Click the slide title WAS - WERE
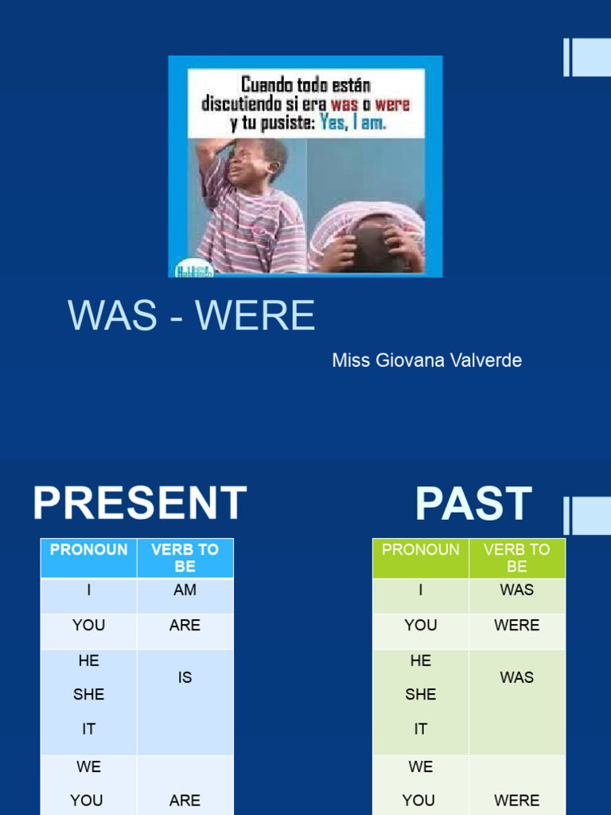click(x=192, y=316)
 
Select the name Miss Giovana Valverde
click(x=426, y=361)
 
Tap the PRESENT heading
click(x=140, y=504)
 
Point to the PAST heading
click(x=473, y=504)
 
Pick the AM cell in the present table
click(x=185, y=591)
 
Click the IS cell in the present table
click(x=185, y=677)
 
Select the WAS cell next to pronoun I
click(x=516, y=591)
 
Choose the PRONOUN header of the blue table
click(x=88, y=550)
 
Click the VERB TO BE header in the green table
click(x=516, y=558)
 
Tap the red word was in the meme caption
click(x=344, y=105)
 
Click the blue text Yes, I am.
click(x=352, y=123)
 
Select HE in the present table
click(x=88, y=661)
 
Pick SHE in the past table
click(x=420, y=695)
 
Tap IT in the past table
click(x=420, y=729)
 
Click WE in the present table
click(x=88, y=767)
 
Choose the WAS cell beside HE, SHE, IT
click(x=516, y=677)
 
